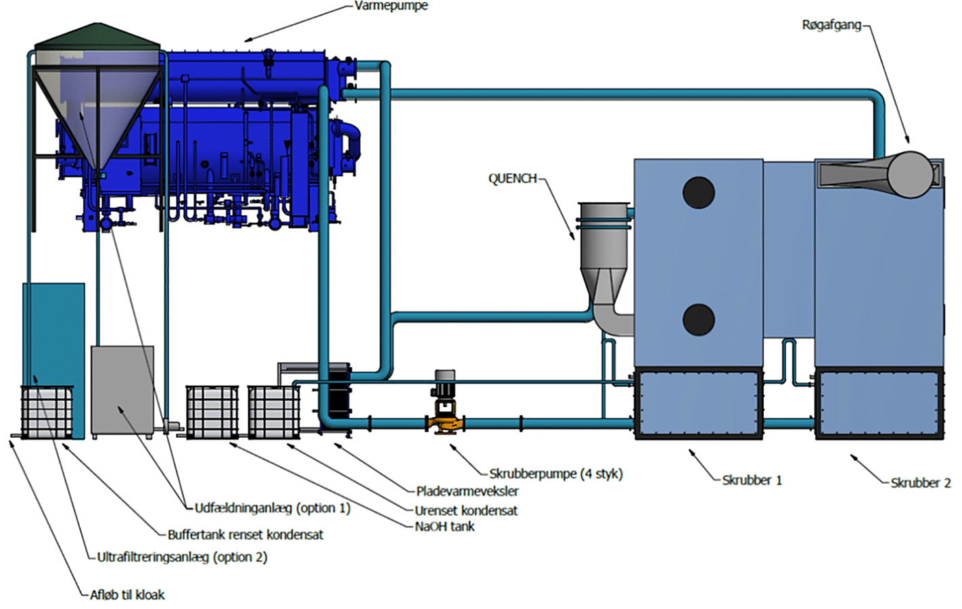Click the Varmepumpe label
[391, 6]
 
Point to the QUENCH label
[513, 178]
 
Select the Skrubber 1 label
[752, 480]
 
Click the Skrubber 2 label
[920, 482]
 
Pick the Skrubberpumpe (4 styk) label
[556, 474]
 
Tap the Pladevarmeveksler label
[467, 491]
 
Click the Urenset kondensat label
[466, 510]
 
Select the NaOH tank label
[444, 526]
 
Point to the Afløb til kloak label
[127, 594]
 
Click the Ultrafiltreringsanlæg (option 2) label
[182, 557]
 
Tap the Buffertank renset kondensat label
[245, 535]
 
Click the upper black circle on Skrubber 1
[698, 192]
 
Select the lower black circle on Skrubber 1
[698, 319]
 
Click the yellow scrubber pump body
[445, 424]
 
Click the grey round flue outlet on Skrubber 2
[910, 175]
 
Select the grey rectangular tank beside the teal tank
[122, 391]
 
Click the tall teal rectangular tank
[53, 335]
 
